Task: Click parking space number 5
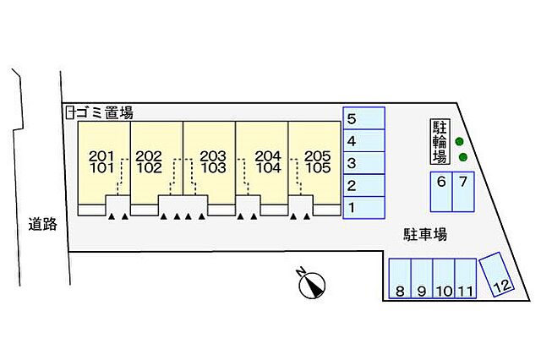(x=363, y=118)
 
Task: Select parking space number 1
(x=363, y=208)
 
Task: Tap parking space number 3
(x=363, y=163)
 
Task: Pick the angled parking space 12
(x=497, y=275)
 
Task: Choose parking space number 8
(x=400, y=278)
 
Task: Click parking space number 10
(x=444, y=278)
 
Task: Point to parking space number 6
(x=441, y=192)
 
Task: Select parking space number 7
(x=463, y=192)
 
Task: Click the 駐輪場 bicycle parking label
(x=440, y=141)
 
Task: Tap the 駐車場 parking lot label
(x=425, y=234)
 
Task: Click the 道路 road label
(x=43, y=225)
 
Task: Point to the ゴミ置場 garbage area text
(x=105, y=112)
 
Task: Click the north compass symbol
(x=312, y=284)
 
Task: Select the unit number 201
(x=101, y=156)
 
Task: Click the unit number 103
(x=213, y=168)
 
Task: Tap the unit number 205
(x=318, y=156)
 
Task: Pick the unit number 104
(x=268, y=168)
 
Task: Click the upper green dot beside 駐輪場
(x=459, y=141)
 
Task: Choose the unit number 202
(x=149, y=156)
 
